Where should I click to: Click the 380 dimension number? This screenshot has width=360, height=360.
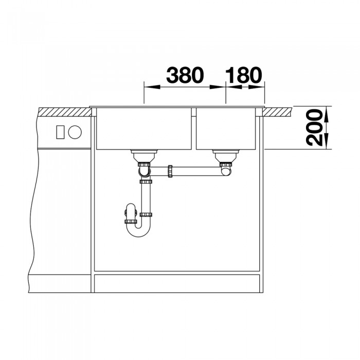(x=185, y=75)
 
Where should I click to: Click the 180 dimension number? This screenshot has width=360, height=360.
(x=243, y=75)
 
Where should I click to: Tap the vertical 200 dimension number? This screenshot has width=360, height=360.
(x=314, y=128)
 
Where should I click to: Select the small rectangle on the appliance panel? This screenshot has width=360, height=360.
(x=60, y=132)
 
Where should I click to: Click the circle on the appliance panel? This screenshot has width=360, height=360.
(x=75, y=132)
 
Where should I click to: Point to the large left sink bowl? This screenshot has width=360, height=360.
(x=143, y=129)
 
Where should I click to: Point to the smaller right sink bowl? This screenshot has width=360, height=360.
(x=226, y=129)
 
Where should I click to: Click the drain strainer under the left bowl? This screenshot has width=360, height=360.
(x=144, y=156)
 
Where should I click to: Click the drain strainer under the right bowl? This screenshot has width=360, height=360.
(x=226, y=156)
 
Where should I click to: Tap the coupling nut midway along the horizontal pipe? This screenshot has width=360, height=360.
(x=170, y=171)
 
